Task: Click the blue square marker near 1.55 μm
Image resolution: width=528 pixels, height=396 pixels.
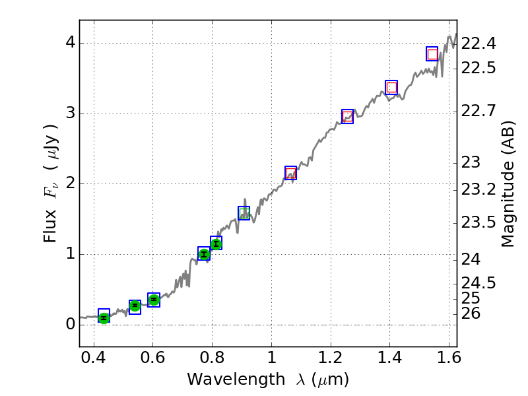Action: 432,54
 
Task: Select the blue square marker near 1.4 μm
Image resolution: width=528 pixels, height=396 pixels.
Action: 391,87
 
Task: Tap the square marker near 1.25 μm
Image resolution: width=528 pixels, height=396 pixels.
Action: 348,116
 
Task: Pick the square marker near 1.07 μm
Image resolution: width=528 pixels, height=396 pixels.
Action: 290,173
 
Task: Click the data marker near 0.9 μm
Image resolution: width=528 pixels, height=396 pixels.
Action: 244,213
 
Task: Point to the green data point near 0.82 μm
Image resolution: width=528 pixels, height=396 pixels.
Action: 216,244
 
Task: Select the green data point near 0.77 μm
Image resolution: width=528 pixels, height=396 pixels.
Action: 204,254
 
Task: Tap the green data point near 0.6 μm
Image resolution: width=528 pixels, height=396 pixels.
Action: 154,300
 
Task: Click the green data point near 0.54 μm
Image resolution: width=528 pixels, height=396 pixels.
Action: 135,306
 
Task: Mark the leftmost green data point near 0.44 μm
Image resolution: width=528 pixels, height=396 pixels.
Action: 104,317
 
